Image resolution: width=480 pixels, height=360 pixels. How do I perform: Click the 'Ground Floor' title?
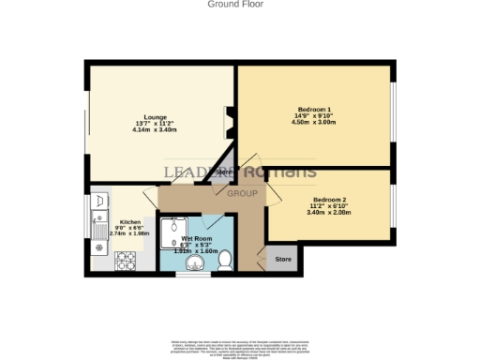coord(235,5)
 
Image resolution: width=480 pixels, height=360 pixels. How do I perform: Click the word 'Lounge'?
coord(156,117)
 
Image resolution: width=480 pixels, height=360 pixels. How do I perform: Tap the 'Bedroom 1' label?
coord(313,110)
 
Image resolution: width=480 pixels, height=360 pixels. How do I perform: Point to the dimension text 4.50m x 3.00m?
coord(313,122)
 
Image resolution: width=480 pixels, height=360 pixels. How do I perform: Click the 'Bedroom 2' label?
coord(329,200)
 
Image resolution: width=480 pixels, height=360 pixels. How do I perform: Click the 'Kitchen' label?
coord(130,222)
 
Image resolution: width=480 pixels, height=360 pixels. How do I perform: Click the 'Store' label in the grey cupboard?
coord(281,259)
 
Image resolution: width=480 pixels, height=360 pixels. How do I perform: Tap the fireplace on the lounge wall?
coord(228,120)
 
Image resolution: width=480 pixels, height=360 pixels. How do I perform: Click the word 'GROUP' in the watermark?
coord(243,192)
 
